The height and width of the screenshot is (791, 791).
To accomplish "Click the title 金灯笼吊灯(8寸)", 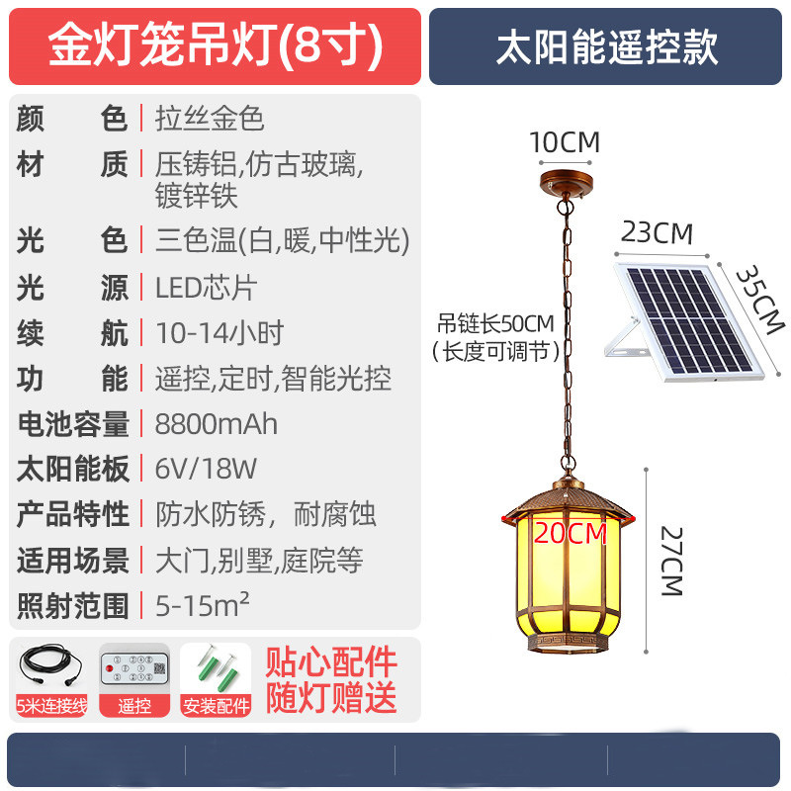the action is pyautogui.click(x=215, y=46).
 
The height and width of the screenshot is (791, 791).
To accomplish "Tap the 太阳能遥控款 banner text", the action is pyautogui.click(x=606, y=46).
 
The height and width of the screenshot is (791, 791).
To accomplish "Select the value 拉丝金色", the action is pyautogui.click(x=210, y=119).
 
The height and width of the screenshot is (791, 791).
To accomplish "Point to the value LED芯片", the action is pyautogui.click(x=206, y=288).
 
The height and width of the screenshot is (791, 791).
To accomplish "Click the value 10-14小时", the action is pyautogui.click(x=219, y=333).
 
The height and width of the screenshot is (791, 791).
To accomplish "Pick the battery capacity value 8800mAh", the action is pyautogui.click(x=217, y=424).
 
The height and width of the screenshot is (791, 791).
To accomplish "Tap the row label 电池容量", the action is pyautogui.click(x=72, y=424).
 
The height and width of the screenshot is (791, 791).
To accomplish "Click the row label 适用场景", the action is pyautogui.click(x=72, y=560).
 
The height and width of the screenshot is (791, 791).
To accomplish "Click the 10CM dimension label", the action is pyautogui.click(x=565, y=142).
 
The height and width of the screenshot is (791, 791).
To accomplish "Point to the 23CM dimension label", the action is pyautogui.click(x=657, y=233).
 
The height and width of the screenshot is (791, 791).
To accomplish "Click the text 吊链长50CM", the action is pyautogui.click(x=496, y=323).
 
